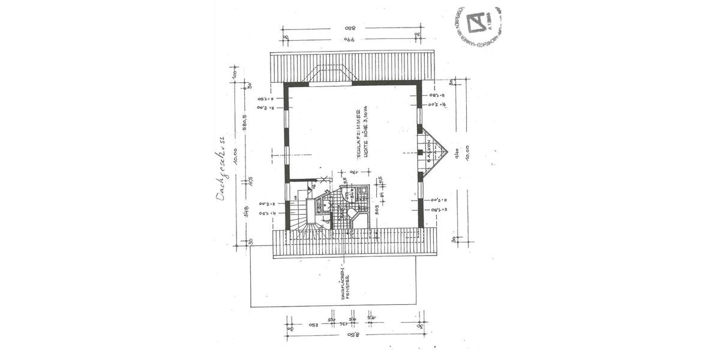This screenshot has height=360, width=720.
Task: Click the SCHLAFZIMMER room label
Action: [357, 133]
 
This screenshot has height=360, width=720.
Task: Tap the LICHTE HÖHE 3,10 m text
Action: [365, 133]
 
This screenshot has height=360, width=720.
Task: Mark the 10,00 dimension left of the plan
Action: [236, 157]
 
